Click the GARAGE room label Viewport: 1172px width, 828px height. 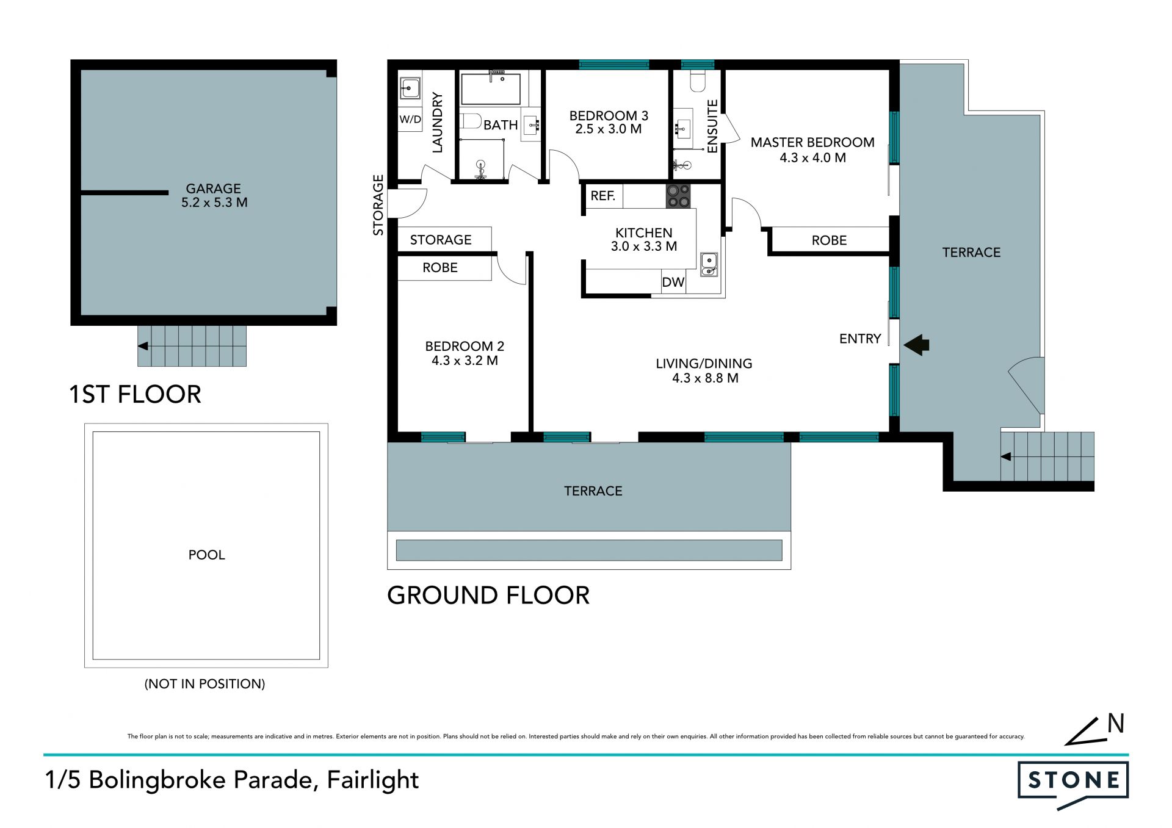(213, 189)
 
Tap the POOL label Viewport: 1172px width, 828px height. (206, 555)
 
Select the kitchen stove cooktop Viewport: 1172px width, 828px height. (678, 196)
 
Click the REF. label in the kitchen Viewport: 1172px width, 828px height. (602, 196)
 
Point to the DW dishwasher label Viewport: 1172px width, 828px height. (673, 282)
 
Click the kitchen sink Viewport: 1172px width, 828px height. (709, 264)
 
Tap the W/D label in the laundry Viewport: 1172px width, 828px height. (410, 119)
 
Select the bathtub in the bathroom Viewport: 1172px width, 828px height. (491, 89)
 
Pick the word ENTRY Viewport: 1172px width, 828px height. (860, 339)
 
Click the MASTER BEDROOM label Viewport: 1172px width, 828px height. (812, 142)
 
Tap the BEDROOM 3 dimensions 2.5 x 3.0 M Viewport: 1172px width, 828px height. (608, 129)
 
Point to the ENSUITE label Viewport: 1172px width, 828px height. (712, 126)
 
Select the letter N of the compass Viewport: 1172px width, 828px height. (1116, 723)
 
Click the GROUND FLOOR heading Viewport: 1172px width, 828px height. (488, 595)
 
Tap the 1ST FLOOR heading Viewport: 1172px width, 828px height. (135, 394)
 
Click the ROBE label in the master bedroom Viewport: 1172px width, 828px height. (829, 240)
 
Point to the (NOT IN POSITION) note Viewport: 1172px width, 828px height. (204, 683)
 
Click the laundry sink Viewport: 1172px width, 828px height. (410, 88)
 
